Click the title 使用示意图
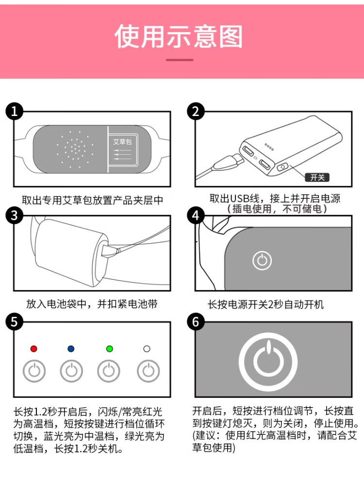pyautogui.click(x=179, y=36)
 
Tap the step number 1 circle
pyautogui.click(x=15, y=111)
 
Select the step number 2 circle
pyautogui.click(x=196, y=111)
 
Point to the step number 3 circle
pyautogui.click(x=15, y=215)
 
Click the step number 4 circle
pyautogui.click(x=196, y=215)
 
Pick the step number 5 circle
pyautogui.click(x=15, y=322)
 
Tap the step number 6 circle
pyautogui.click(x=196, y=322)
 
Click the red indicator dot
pyautogui.click(x=34, y=349)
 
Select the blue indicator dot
pyautogui.click(x=71, y=349)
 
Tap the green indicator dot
pyautogui.click(x=110, y=349)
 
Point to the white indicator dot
pyautogui.click(x=147, y=349)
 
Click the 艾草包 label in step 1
pyautogui.click(x=123, y=142)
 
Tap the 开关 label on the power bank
pyautogui.click(x=317, y=177)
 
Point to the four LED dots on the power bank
pyautogui.click(x=269, y=147)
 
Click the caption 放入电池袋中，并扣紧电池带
pyautogui.click(x=92, y=304)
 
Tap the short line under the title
pyautogui.click(x=180, y=60)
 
